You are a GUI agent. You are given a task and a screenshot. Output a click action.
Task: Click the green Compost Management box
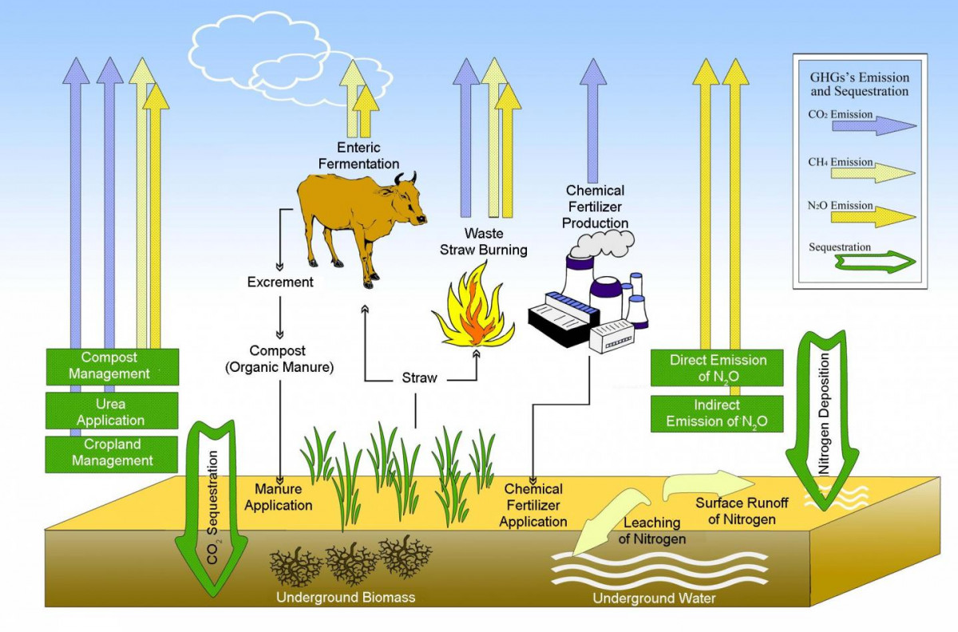[112, 366]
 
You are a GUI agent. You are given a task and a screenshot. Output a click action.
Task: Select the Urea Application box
[112, 412]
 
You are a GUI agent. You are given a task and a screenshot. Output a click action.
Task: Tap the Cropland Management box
[112, 453]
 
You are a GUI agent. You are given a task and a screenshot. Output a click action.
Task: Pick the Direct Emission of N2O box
[717, 368]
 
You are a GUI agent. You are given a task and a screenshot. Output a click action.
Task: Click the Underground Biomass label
[346, 597]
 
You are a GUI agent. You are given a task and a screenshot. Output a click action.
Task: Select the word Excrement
[280, 282]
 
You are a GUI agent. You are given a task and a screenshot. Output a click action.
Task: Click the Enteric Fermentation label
[358, 156]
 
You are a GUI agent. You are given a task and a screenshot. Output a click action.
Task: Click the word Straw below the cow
[419, 377]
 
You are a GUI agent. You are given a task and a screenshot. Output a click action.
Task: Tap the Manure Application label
[278, 496]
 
